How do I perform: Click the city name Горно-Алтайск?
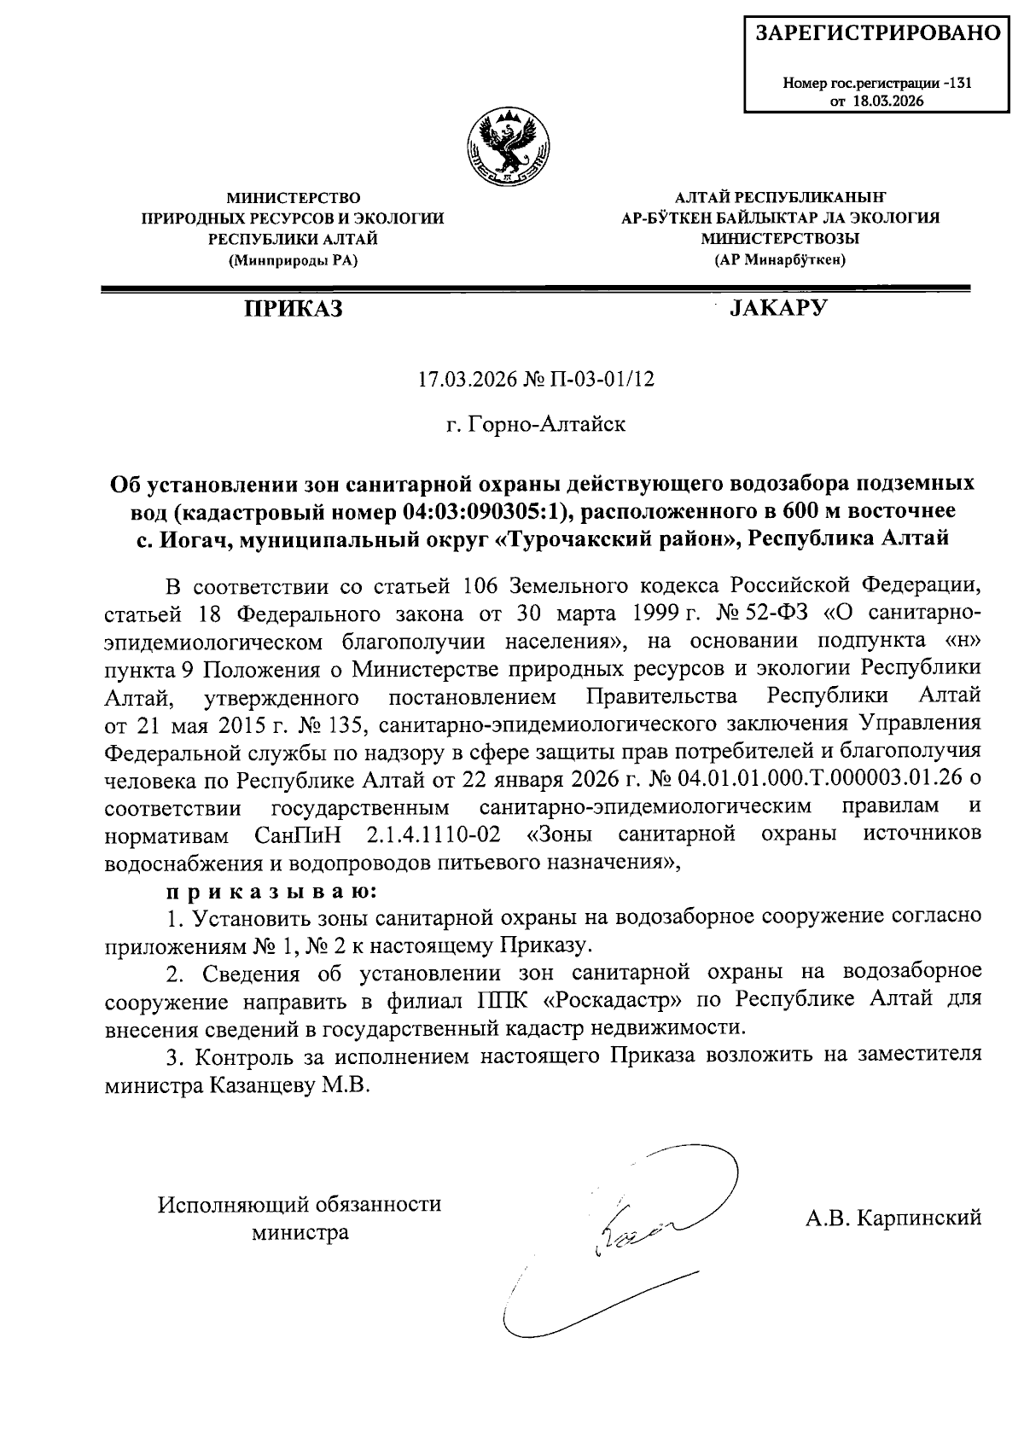pyautogui.click(x=547, y=423)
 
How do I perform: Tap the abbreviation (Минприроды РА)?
pyautogui.click(x=293, y=260)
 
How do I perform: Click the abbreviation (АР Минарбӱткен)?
pyautogui.click(x=780, y=260)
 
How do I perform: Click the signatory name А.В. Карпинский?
pyautogui.click(x=893, y=1218)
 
